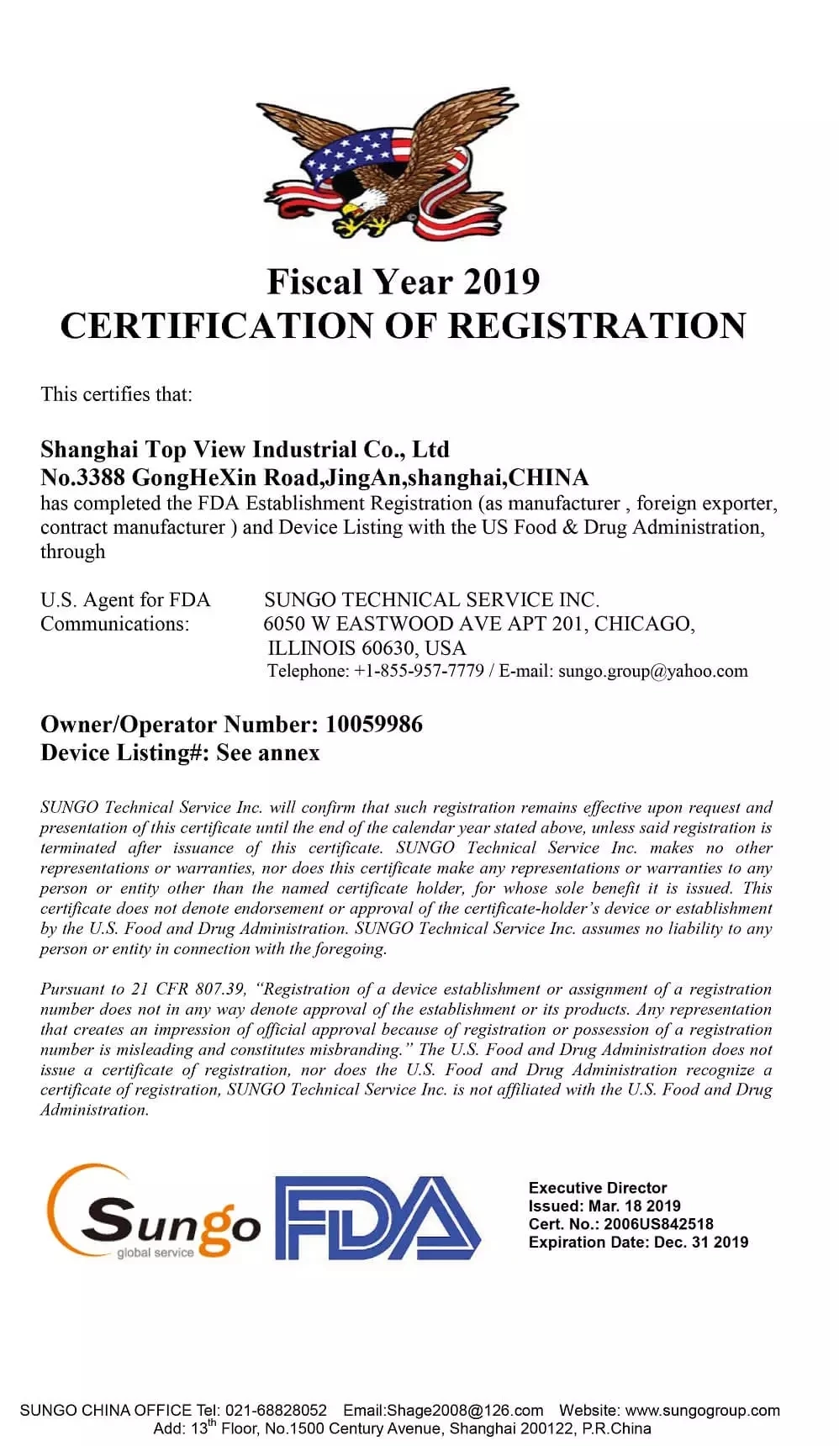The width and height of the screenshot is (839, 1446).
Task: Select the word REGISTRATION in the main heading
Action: [x=597, y=326]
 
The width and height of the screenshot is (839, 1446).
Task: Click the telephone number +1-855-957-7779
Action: [x=419, y=671]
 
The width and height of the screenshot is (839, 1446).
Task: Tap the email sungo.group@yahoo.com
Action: [x=652, y=671]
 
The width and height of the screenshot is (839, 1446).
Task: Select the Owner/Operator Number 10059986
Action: [x=374, y=725]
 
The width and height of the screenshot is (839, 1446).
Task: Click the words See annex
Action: [x=268, y=752]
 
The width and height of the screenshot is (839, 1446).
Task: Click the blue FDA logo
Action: [x=377, y=1217]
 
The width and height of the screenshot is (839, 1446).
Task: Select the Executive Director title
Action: [x=598, y=1188]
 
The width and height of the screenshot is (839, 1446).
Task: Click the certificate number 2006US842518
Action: [x=659, y=1224]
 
